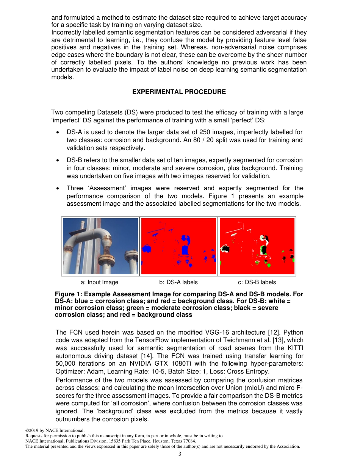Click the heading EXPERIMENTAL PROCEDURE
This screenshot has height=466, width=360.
179,92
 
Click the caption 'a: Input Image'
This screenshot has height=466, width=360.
100,282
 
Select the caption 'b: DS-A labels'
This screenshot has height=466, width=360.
178,282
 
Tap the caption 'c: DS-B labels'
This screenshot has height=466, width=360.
257,282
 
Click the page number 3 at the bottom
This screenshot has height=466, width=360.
180,454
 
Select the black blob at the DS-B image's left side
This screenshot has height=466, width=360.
226,249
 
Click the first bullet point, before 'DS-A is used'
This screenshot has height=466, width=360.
57,133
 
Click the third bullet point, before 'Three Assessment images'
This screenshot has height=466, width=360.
57,189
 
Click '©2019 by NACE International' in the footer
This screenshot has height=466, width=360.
55,431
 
